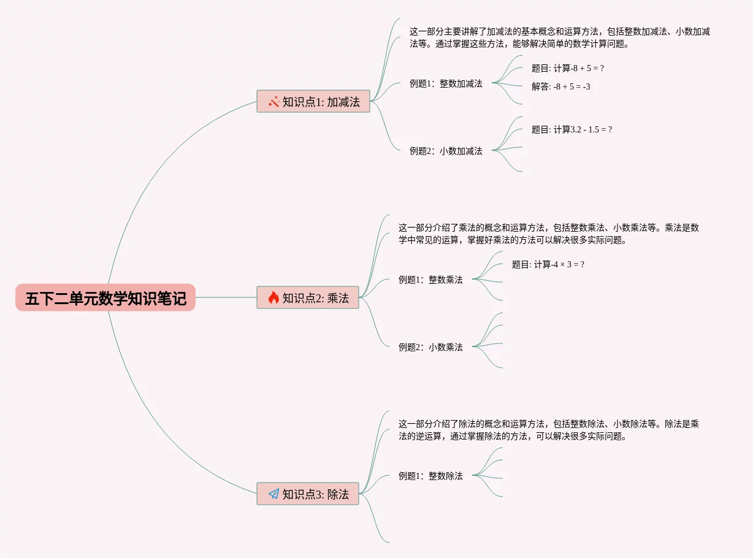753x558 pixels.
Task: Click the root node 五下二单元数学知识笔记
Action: (105, 298)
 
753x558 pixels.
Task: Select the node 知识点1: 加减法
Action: (313, 102)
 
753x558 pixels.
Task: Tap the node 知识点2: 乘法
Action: (308, 298)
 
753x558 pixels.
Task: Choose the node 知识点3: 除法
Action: (308, 494)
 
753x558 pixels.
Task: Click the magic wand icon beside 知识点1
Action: (273, 102)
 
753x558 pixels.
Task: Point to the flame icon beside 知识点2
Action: (273, 298)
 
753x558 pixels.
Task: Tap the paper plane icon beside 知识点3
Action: (273, 494)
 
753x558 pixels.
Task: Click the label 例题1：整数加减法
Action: (446, 83)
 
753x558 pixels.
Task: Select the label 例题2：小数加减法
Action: (446, 151)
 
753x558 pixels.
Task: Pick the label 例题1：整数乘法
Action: (430, 280)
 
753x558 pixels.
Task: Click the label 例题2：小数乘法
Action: (430, 347)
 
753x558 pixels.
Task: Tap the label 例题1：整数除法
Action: (430, 476)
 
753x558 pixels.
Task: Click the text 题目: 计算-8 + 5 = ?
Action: (568, 69)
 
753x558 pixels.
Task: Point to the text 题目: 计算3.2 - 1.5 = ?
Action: (571, 130)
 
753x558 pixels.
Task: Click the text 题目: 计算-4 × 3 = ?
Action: (548, 265)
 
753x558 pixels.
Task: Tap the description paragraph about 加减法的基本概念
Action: (559, 37)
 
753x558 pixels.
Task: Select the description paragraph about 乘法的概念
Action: (548, 234)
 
